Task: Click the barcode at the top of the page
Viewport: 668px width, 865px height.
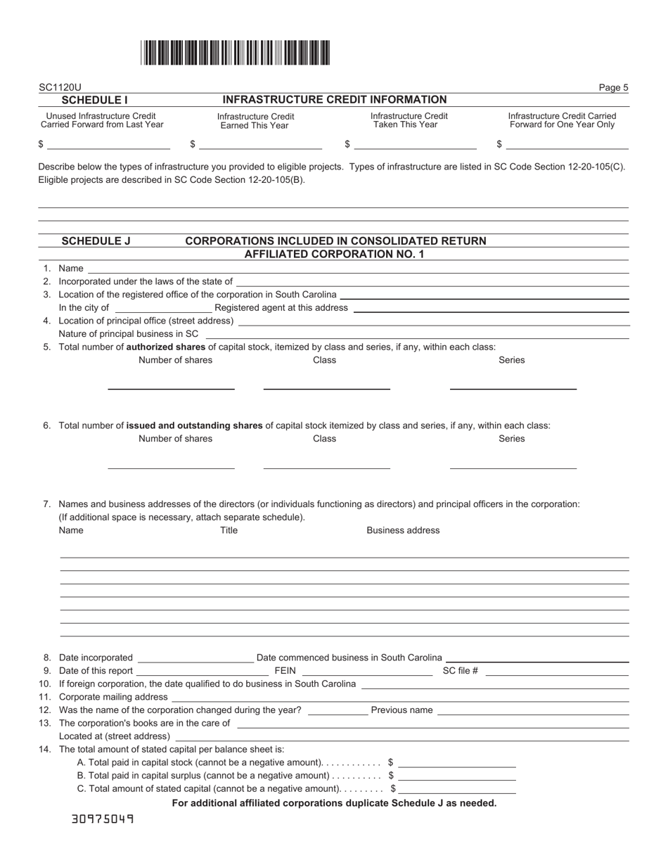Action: (x=235, y=53)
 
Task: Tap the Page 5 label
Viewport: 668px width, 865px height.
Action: (x=613, y=88)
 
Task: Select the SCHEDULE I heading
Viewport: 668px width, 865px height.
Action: (x=95, y=101)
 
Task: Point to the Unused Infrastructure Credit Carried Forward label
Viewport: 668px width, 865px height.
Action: (x=101, y=120)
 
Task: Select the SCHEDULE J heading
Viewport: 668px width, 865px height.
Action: (x=96, y=241)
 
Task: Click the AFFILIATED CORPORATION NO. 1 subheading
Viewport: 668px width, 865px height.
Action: (x=334, y=254)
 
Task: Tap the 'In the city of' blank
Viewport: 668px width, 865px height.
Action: (x=162, y=307)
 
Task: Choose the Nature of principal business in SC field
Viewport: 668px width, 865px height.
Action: (x=416, y=333)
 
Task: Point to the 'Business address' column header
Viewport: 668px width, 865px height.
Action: (x=403, y=530)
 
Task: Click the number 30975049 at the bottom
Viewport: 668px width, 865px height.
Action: (x=103, y=819)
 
